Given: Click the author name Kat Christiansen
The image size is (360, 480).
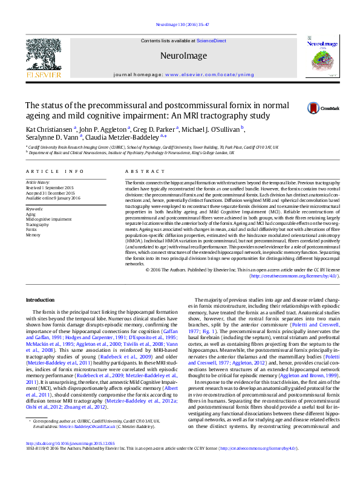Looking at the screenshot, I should coord(49,129).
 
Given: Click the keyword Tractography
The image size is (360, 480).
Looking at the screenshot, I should coord(37,224).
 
